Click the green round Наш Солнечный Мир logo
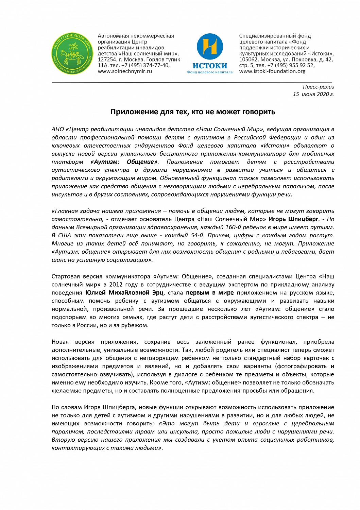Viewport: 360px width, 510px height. tap(72, 54)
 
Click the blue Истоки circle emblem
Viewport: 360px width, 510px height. tap(210, 47)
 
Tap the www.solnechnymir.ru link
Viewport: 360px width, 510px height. tap(125, 71)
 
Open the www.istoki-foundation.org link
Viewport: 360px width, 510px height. tap(272, 71)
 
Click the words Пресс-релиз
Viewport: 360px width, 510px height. tap(318, 87)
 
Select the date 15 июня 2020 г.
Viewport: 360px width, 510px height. tap(313, 94)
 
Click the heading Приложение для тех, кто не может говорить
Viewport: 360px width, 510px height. tap(193, 112)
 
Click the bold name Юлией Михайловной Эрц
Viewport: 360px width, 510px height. tap(124, 293)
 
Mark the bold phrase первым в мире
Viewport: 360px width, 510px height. tap(210, 293)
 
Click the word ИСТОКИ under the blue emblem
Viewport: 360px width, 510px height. tap(210, 66)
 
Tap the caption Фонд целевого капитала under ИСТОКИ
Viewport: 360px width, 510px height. tap(210, 72)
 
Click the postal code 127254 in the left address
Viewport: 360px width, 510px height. tap(107, 60)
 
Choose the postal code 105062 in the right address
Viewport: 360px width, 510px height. tap(248, 60)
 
